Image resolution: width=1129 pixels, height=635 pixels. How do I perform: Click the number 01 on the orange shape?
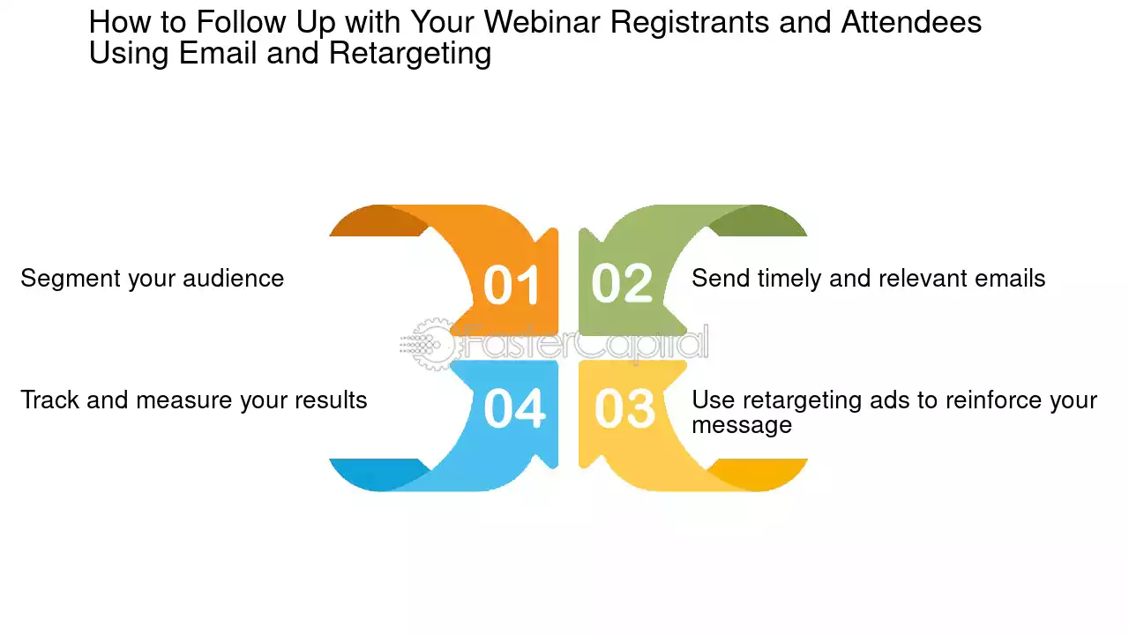[x=512, y=285]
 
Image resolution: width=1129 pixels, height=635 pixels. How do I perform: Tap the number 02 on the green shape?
[x=622, y=283]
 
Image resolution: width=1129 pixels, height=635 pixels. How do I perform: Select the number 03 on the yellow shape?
[x=625, y=408]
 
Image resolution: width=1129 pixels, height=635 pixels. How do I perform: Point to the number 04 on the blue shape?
[x=514, y=408]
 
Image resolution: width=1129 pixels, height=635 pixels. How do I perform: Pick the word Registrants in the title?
[x=690, y=23]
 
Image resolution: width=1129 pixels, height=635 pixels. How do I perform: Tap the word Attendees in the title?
[x=911, y=22]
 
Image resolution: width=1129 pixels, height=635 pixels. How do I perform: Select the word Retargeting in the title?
[x=410, y=54]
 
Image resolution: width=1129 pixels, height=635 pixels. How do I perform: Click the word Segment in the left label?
[x=71, y=279]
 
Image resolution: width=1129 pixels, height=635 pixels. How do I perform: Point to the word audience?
[x=233, y=279]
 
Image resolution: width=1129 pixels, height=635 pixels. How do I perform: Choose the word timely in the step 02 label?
[x=789, y=279]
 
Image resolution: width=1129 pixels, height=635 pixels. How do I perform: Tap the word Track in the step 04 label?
[x=50, y=400]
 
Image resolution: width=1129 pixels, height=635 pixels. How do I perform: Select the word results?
[x=331, y=400]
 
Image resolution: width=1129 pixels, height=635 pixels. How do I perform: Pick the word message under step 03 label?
[x=742, y=425]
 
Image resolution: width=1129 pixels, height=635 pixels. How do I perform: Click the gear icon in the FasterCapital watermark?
[x=432, y=344]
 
